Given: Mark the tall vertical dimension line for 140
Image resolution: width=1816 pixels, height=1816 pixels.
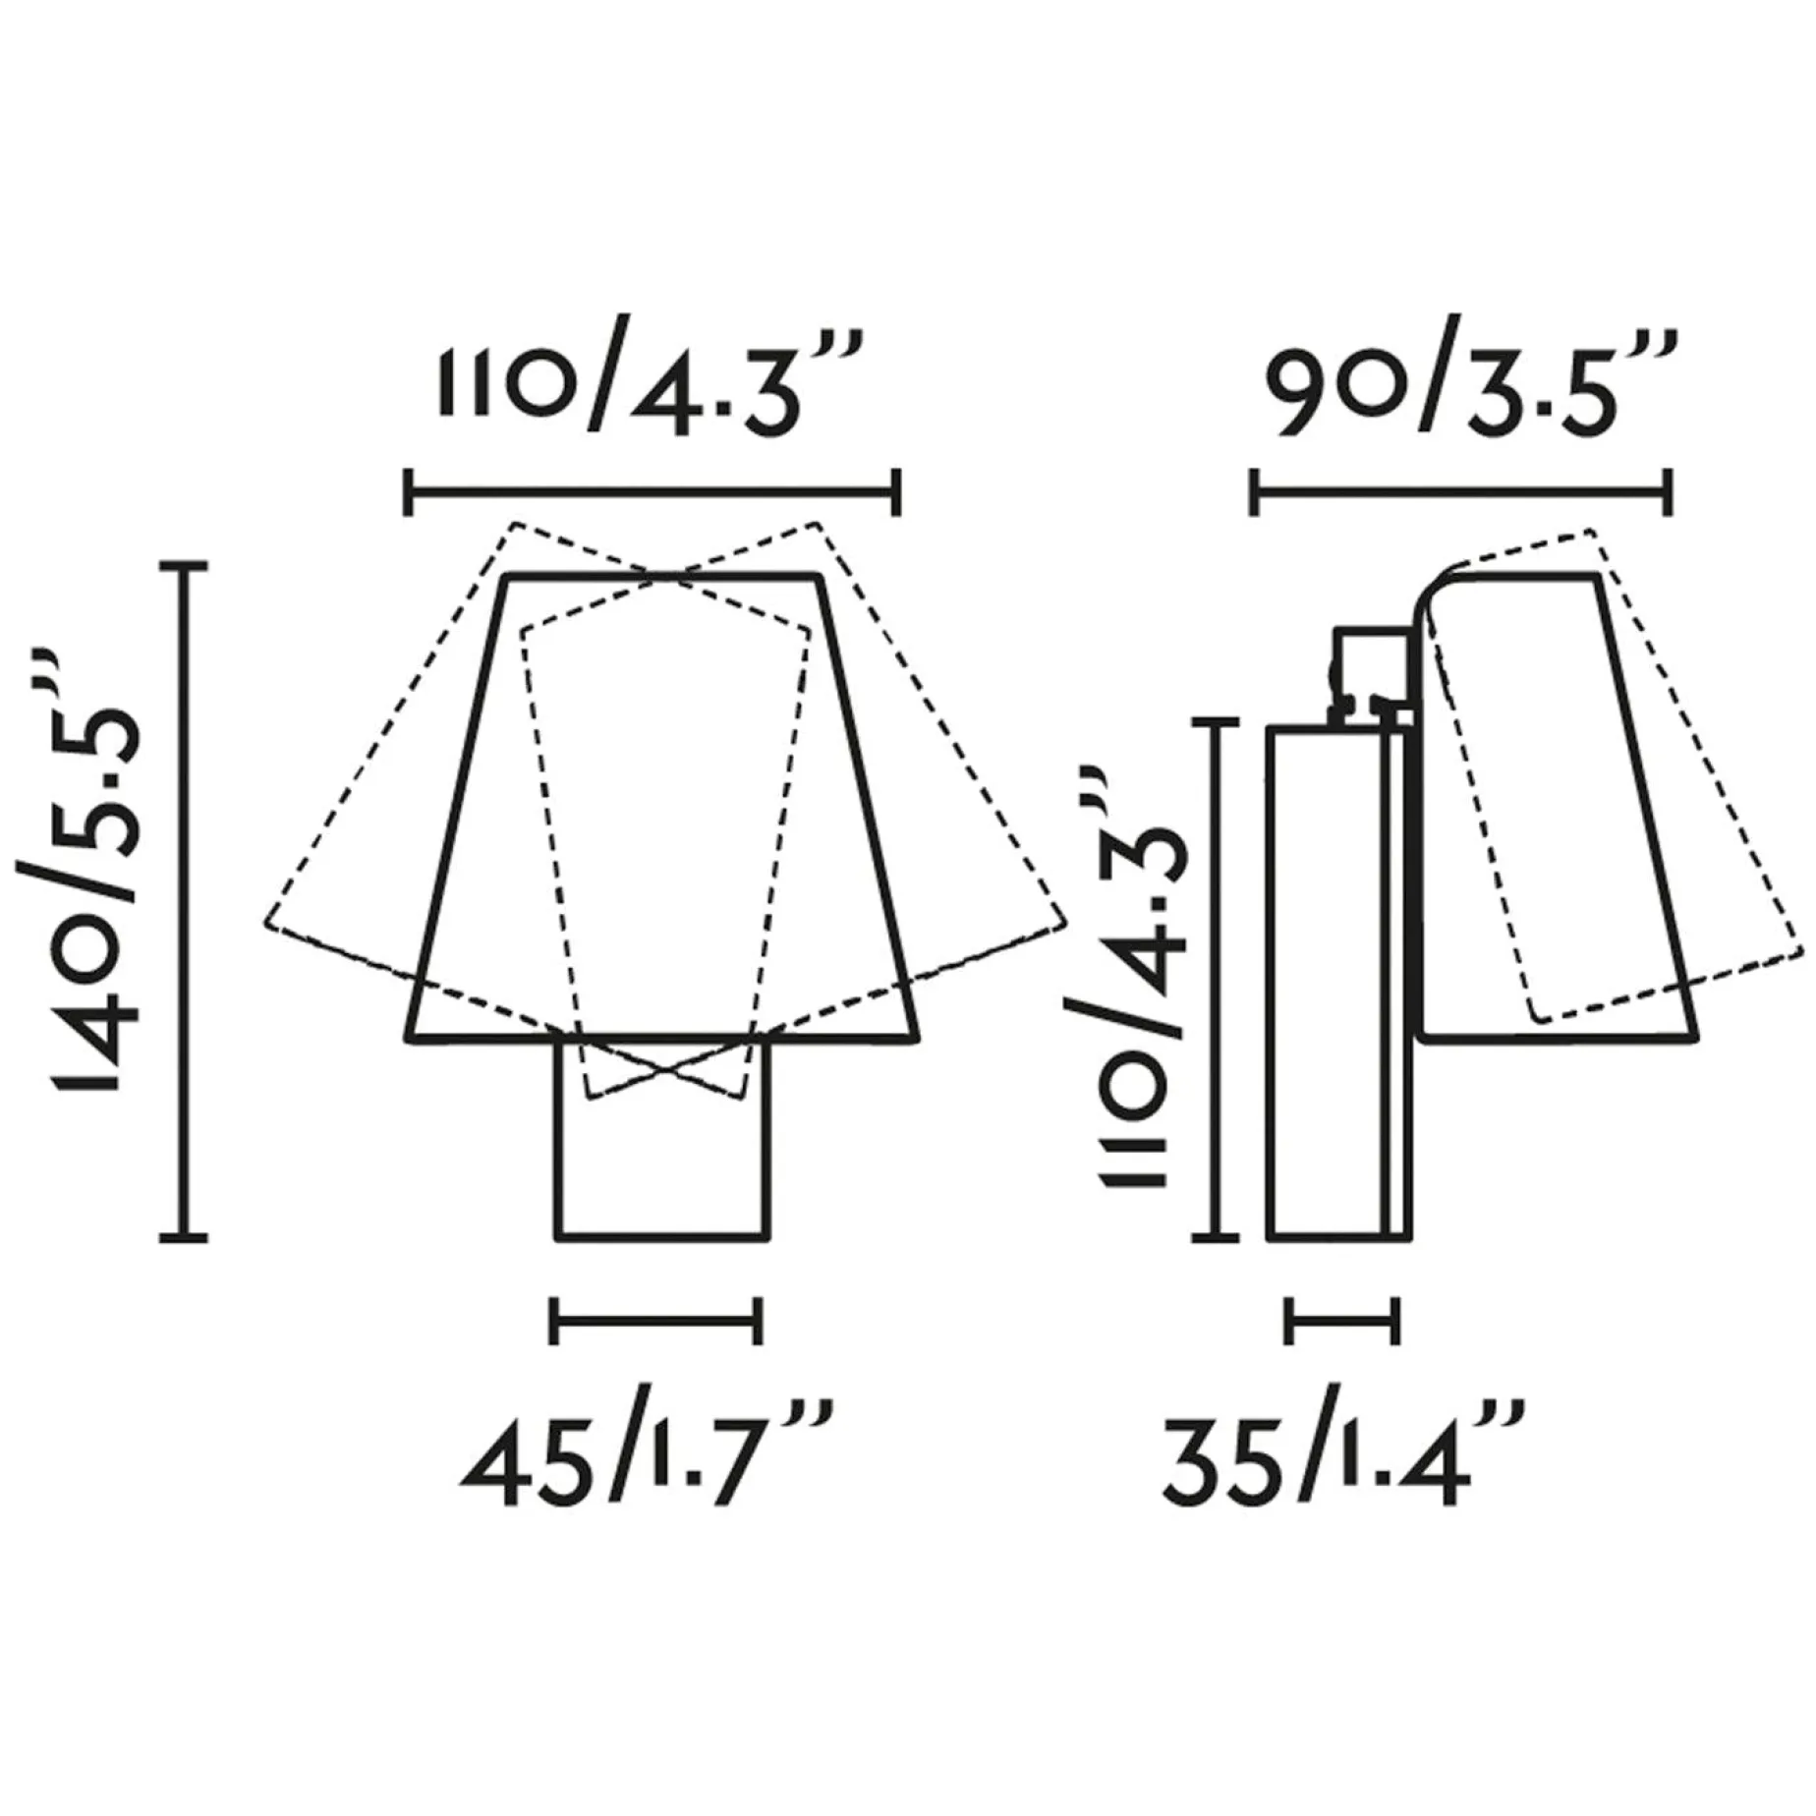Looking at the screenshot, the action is coord(184,901).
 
